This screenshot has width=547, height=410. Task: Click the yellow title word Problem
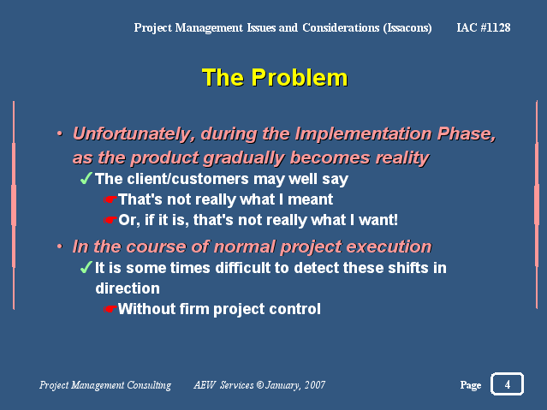pos(300,77)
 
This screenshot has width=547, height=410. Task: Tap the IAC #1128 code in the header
pos(484,27)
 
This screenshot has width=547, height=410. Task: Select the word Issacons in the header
pos(407,28)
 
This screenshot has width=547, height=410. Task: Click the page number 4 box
pos(508,384)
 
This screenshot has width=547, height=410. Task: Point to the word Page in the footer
pos(471,385)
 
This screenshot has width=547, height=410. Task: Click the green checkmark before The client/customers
pos(86,178)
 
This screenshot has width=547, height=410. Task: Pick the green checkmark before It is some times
pos(86,268)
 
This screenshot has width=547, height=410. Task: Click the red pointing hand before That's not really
pos(110,199)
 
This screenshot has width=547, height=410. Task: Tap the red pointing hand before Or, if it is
pos(110,220)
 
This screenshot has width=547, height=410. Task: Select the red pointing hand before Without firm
pos(110,309)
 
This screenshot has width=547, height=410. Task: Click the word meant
pos(310,199)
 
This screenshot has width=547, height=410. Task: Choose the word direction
pos(128,288)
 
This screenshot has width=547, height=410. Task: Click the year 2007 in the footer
pos(315,385)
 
